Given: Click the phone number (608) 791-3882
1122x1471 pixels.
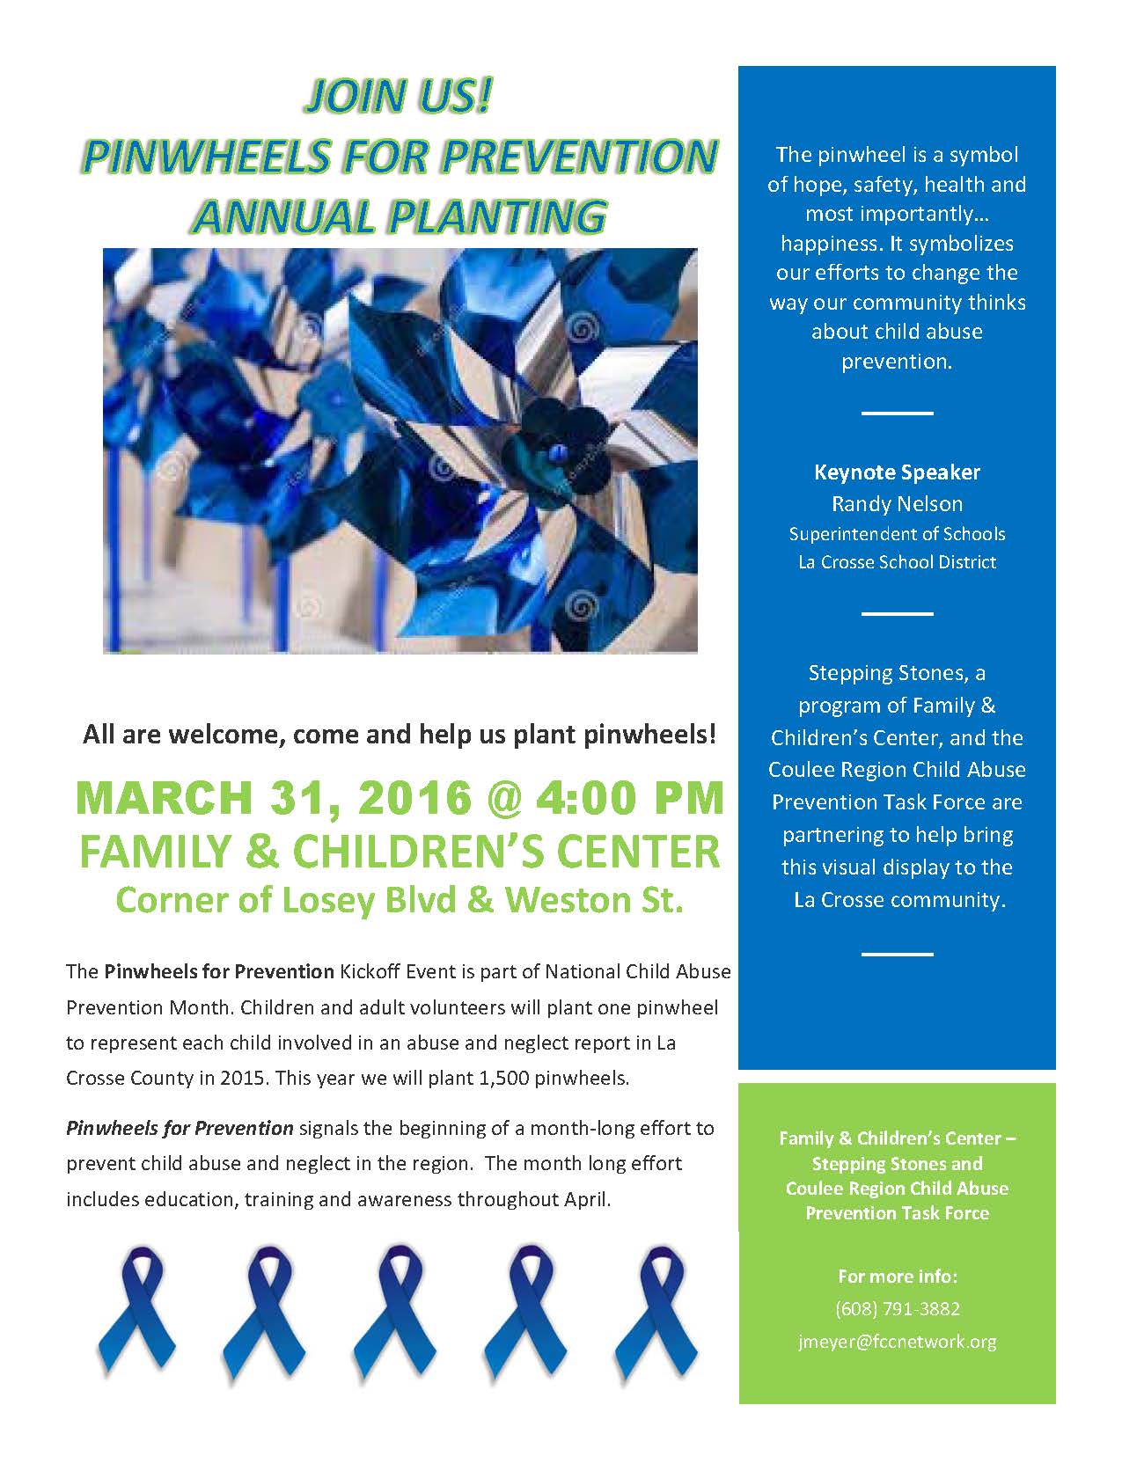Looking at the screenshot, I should coord(897,1309).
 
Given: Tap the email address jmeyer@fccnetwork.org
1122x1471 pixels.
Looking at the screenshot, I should coord(897,1342).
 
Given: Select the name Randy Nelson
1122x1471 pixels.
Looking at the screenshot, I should coord(897,504).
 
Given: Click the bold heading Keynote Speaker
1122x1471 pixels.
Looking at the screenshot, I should coord(897,472).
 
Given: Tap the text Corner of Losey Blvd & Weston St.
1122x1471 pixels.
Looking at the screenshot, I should coord(400,900).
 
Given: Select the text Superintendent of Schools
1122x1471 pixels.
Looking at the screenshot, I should coord(897,534).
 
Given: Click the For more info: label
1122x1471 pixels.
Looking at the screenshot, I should coord(897,1276).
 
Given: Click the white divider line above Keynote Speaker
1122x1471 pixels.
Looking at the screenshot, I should coord(897,413).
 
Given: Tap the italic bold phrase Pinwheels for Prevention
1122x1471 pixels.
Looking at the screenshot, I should coord(180,1128).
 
